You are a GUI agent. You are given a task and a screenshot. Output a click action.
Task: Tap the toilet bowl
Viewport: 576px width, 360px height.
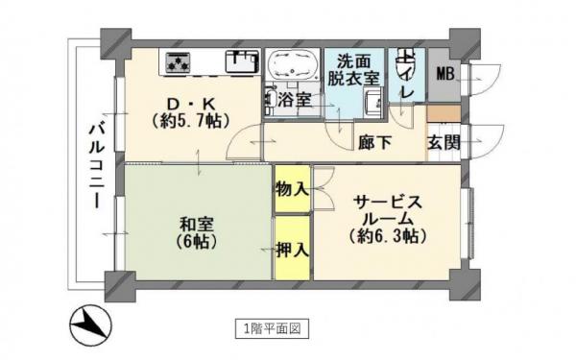point(405,63)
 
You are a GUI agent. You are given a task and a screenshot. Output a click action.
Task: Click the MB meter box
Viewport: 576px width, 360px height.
point(446,74)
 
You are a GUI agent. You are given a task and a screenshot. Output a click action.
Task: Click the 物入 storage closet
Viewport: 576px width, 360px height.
point(292,190)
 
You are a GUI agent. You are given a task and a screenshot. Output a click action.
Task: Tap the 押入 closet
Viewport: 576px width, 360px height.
point(292,250)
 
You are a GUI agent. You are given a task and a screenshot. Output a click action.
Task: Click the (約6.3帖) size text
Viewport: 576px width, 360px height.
point(389,236)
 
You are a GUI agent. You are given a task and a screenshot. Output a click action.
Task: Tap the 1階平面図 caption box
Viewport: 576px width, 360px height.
point(272,328)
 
